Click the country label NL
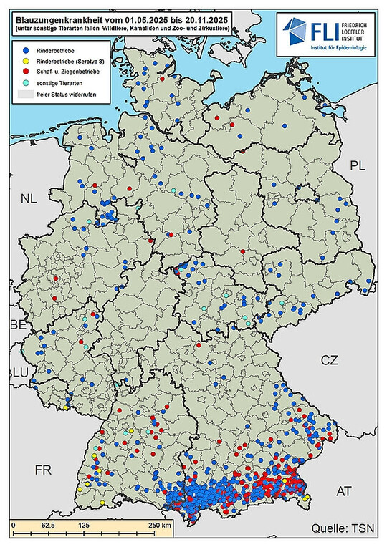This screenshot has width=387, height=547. point(28,198)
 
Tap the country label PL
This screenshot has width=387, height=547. point(358,166)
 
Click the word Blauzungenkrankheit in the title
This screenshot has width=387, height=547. point(44,8)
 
